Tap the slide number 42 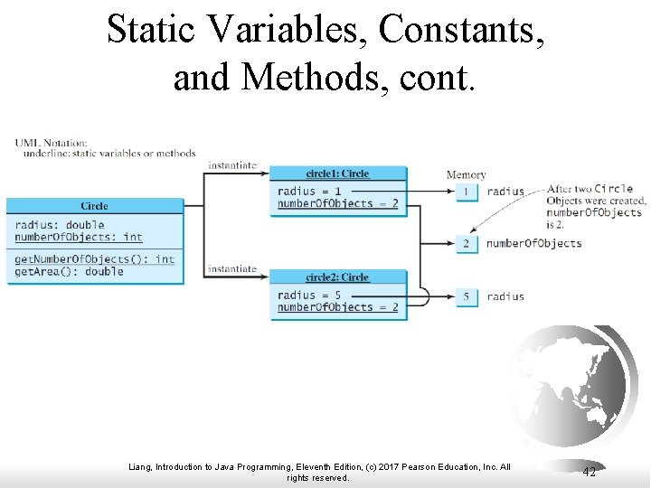tap(589, 473)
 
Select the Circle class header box tap(94, 206)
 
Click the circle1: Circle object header tap(338, 174)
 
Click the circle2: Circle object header tap(338, 277)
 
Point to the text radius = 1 tap(309, 191)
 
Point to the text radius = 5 tap(309, 295)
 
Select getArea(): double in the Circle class tap(69, 271)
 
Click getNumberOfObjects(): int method tap(94, 259)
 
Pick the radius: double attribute tap(60, 225)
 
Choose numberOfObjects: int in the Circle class tap(79, 237)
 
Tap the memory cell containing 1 tap(467, 192)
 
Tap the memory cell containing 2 tap(467, 244)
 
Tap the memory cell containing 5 tap(467, 296)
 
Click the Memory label tap(466, 174)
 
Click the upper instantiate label tap(232, 165)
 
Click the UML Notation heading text tap(52, 143)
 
